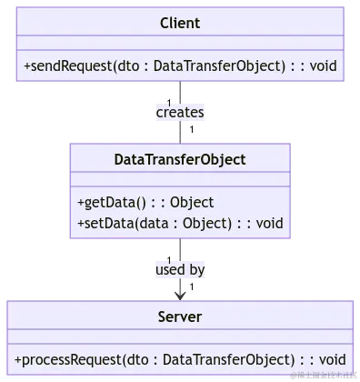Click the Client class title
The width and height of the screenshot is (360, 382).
coord(179,22)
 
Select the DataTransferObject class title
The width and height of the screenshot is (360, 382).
coord(179,159)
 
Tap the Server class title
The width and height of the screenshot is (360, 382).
coord(179,317)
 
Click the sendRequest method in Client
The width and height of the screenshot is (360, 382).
coord(179,65)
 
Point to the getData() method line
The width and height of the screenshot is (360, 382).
coord(145,202)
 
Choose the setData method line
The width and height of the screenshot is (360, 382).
coord(179,223)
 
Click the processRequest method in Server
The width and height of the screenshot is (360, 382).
coord(179,359)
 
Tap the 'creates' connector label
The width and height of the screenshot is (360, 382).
coord(180,112)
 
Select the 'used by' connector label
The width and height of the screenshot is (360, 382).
coord(180,270)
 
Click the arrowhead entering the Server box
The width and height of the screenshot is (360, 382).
coord(180,293)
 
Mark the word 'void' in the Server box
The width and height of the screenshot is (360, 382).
coord(331,359)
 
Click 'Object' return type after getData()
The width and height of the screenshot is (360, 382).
coord(191,202)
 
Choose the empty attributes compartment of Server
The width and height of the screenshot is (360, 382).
coord(179,337)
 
